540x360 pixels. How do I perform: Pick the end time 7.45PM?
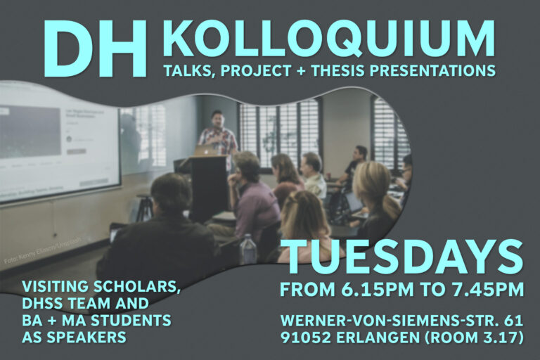487,289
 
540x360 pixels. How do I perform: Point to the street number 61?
514,320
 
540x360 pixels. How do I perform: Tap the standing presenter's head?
217,117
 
